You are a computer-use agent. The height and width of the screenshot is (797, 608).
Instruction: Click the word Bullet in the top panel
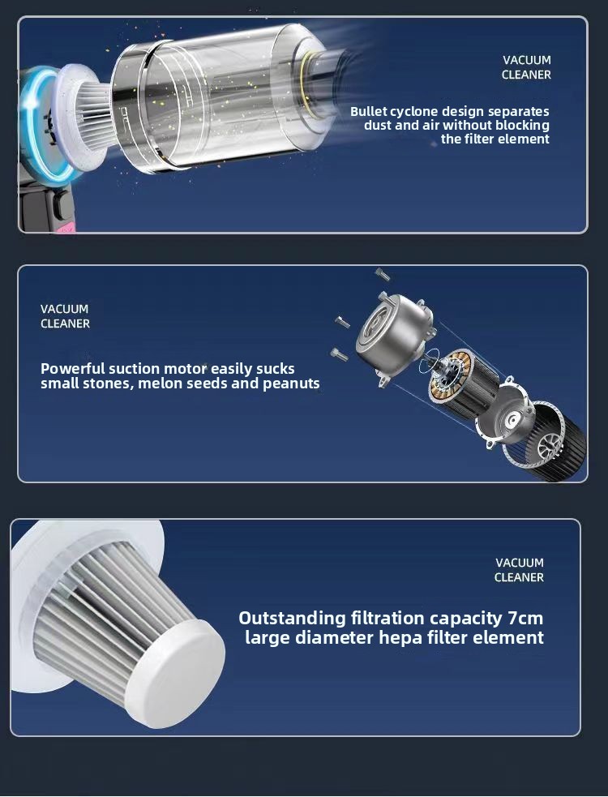[369, 111]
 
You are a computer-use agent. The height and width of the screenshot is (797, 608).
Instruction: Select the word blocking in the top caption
[523, 126]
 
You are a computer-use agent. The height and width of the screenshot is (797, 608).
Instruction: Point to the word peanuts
[291, 384]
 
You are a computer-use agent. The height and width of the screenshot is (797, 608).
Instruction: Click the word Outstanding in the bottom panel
[293, 619]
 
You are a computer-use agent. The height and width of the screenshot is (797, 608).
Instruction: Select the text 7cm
[525, 619]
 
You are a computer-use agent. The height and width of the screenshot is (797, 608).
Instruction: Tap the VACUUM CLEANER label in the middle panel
[65, 316]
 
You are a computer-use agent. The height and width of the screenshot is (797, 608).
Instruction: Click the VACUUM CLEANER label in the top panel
[526, 67]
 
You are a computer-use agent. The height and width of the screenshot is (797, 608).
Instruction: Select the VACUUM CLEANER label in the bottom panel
[519, 570]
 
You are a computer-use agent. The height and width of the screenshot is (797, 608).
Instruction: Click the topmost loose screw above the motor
[383, 275]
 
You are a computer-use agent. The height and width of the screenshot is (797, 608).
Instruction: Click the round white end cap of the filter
[175, 673]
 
